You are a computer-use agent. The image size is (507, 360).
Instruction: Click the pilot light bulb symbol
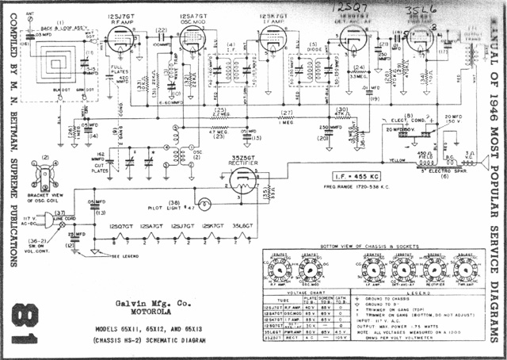[205, 205]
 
